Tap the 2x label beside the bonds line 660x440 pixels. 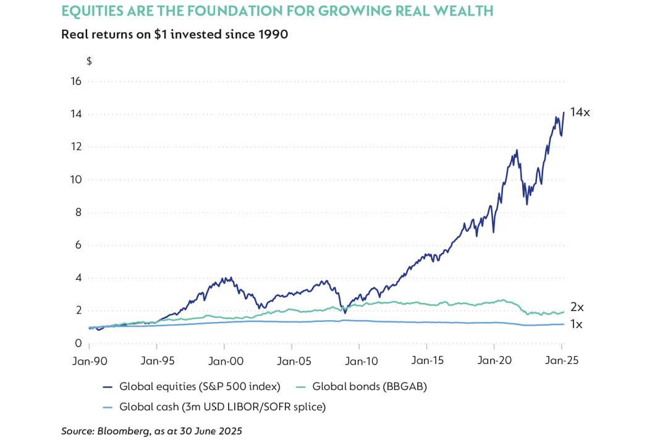[577, 307]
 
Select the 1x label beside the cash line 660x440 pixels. [577, 324]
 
